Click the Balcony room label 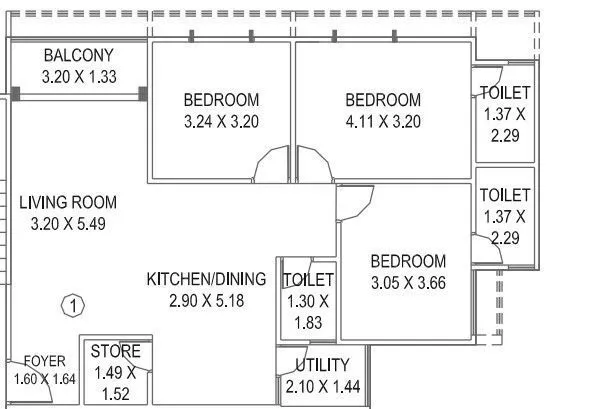pyautogui.click(x=78, y=56)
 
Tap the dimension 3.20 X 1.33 pyautogui.click(x=78, y=75)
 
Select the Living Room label pyautogui.click(x=68, y=203)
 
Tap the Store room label pyautogui.click(x=115, y=352)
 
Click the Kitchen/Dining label pyautogui.click(x=206, y=279)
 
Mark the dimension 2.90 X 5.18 pyautogui.click(x=206, y=300)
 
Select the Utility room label pyautogui.click(x=322, y=365)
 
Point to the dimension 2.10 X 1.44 pyautogui.click(x=322, y=386)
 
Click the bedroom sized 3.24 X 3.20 pyautogui.click(x=221, y=100)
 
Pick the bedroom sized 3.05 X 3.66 pyautogui.click(x=407, y=261)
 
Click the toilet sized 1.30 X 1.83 pyautogui.click(x=308, y=280)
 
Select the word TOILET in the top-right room pyautogui.click(x=504, y=93)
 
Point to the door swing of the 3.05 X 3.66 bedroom pyautogui.click(x=353, y=205)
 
